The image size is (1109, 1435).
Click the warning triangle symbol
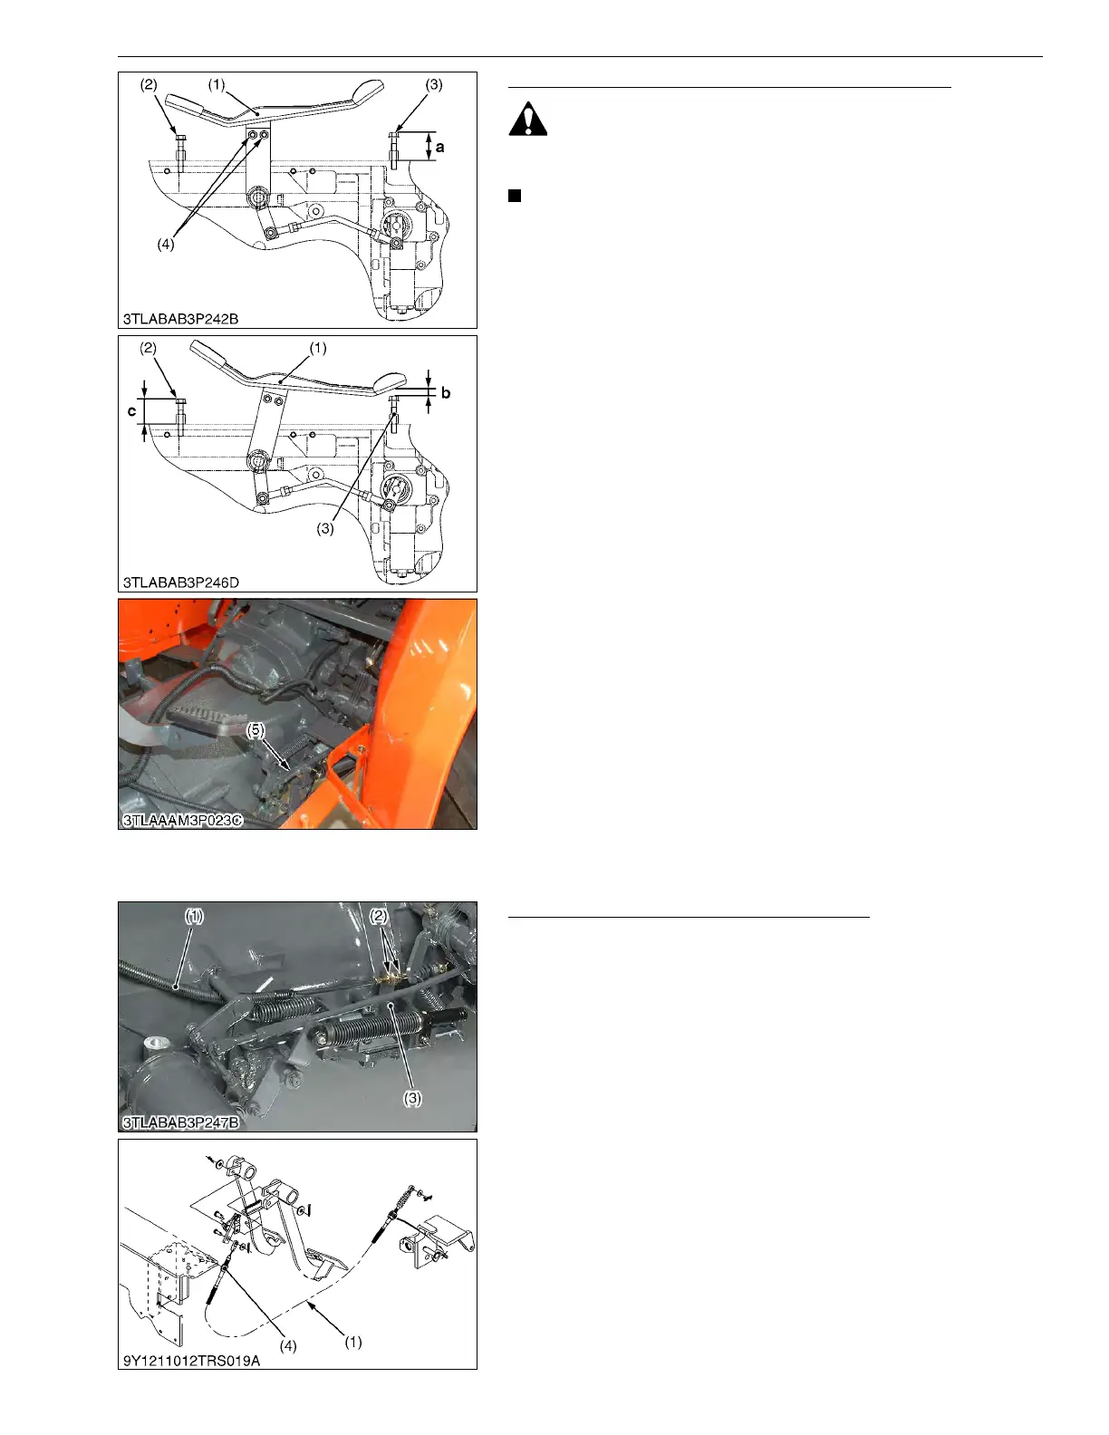point(527,120)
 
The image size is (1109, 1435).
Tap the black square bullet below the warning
point(515,196)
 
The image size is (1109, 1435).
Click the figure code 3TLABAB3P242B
point(180,319)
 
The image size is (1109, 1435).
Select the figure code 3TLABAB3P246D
point(181,583)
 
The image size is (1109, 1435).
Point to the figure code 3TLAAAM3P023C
point(182,820)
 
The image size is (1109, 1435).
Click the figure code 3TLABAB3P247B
point(181,1122)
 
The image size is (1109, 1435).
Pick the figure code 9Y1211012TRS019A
point(191,1361)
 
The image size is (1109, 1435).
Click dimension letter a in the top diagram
point(440,148)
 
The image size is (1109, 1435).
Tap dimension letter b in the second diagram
point(446,393)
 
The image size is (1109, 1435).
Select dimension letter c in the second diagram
point(131,410)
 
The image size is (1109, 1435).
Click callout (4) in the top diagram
point(165,245)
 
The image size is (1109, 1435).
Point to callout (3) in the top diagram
point(434,84)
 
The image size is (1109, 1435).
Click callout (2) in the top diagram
point(149,84)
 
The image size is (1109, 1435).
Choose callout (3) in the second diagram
point(325,529)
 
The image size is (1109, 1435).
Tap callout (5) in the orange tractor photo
point(256,729)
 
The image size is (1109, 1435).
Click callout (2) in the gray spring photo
point(379,916)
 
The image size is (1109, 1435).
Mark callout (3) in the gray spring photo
point(412,1098)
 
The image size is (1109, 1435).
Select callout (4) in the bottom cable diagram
point(287,1345)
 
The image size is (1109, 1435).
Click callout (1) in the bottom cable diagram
point(353,1342)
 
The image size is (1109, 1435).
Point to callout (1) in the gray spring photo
point(194,916)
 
